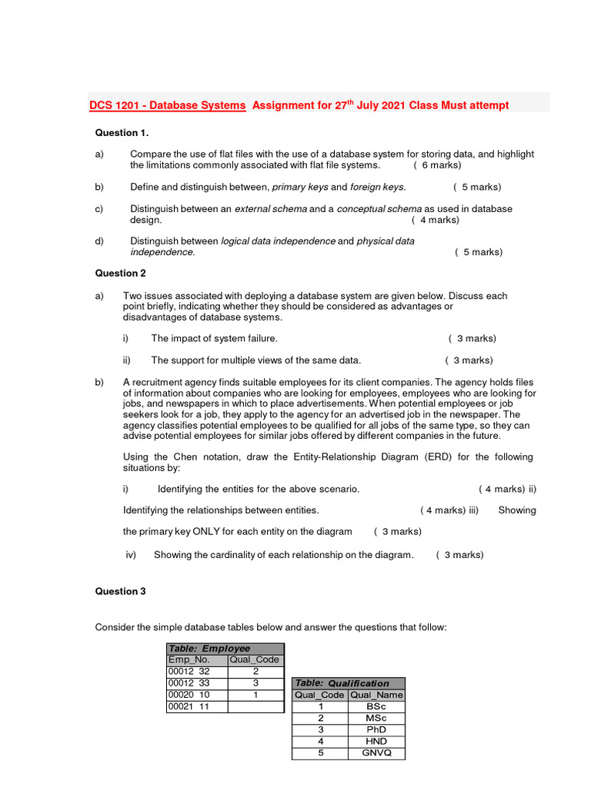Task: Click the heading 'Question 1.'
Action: point(122,133)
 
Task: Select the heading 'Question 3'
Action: point(120,591)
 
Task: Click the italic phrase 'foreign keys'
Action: point(377,187)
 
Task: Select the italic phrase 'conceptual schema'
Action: point(379,209)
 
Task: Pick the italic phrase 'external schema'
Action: point(270,209)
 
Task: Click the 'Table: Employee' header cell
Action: point(225,649)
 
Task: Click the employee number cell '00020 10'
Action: point(197,695)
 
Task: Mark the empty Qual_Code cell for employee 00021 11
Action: point(255,706)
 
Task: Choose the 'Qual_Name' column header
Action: point(376,695)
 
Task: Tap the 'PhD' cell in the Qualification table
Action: point(376,729)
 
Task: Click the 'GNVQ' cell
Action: point(376,753)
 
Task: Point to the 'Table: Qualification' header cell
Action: point(348,683)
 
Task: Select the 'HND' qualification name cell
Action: point(376,742)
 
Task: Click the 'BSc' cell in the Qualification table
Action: point(376,706)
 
